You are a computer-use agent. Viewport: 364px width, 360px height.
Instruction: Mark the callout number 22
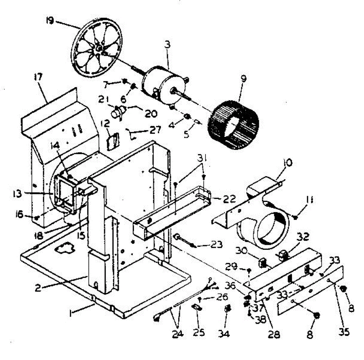tap(229, 199)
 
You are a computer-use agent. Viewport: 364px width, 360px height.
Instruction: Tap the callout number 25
tap(199, 332)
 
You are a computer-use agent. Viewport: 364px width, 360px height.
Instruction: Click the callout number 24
tap(177, 334)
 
